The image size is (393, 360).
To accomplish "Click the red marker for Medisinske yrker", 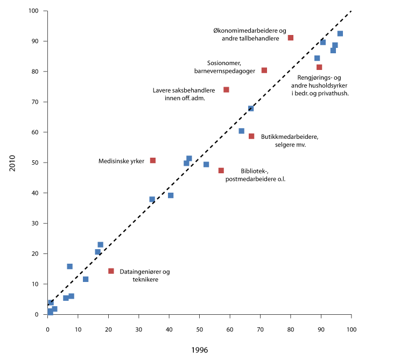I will (153, 160).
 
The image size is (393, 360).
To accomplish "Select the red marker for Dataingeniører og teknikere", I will (111, 271).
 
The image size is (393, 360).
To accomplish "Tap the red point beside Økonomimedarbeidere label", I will (291, 38).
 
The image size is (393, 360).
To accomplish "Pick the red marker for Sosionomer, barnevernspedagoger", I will (264, 70).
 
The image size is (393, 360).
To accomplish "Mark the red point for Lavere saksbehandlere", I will (226, 89).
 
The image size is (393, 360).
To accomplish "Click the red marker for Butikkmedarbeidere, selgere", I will (251, 136).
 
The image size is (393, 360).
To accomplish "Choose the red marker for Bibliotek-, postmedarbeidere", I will (221, 171).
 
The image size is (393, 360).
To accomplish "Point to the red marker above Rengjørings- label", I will (319, 67).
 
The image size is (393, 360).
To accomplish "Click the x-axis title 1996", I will (200, 350).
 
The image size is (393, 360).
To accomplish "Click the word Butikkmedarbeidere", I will (289, 137).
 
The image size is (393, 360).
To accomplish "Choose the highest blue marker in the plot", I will (340, 33).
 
